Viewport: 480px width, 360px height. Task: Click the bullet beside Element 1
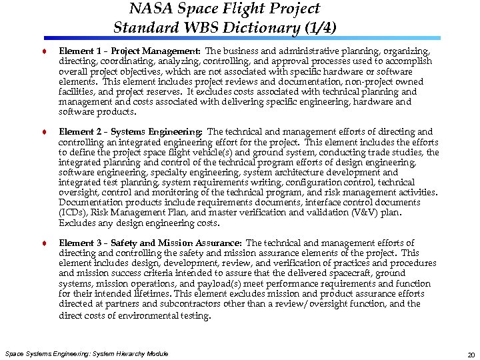(x=44, y=51)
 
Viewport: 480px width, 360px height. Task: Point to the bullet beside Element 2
(x=44, y=133)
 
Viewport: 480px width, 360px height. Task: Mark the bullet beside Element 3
(x=44, y=244)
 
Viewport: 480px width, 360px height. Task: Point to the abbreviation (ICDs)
(x=73, y=213)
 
